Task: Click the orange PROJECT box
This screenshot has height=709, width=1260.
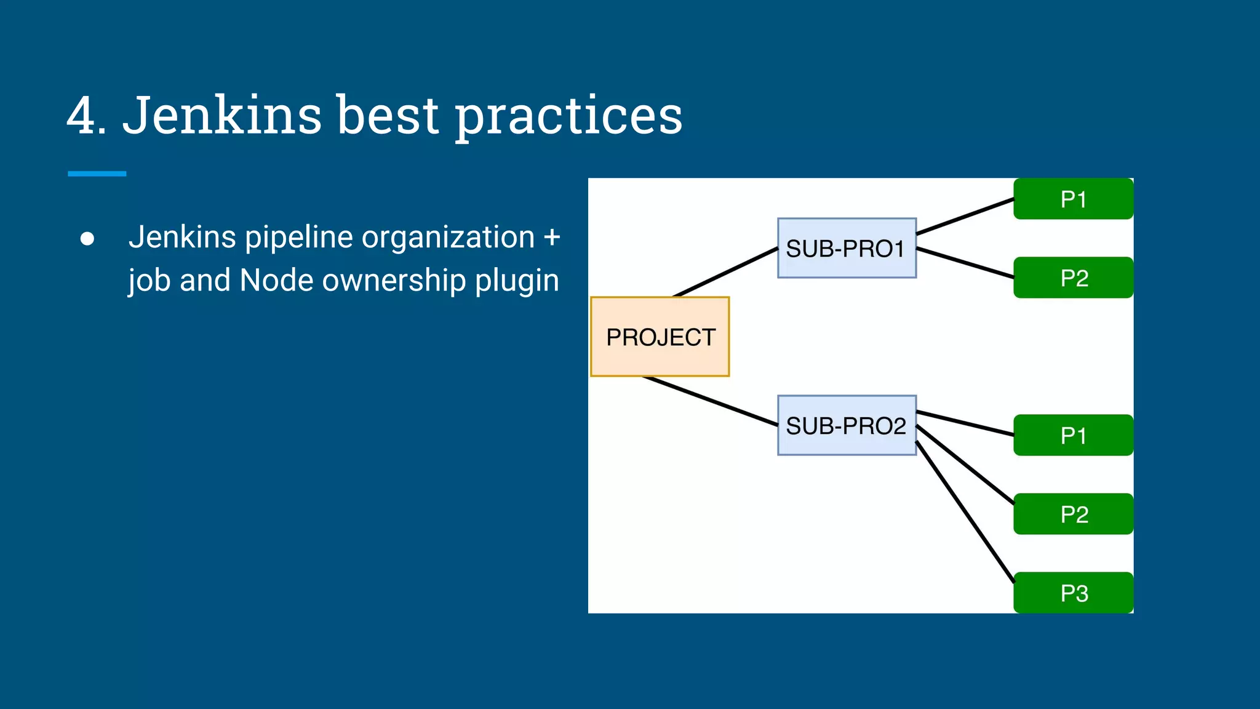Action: tap(660, 337)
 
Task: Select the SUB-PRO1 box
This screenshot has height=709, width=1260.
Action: tap(847, 248)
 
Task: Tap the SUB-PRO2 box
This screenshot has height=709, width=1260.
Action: tap(847, 425)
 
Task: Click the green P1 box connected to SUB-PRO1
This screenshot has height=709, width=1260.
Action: tap(1073, 199)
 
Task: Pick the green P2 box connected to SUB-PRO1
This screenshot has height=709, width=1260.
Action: tap(1073, 278)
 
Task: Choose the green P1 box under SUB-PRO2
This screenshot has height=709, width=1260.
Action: tap(1073, 435)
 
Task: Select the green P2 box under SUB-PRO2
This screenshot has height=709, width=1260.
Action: tap(1073, 514)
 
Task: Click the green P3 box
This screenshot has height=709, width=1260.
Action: tap(1073, 593)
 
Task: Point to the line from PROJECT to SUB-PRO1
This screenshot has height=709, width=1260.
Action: tap(726, 272)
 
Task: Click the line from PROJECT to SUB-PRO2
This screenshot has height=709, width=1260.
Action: tap(711, 401)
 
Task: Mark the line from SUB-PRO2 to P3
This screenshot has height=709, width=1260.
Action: tap(965, 511)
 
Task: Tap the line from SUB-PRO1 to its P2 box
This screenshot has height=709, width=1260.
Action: tap(965, 263)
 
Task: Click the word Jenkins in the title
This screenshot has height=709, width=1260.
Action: tap(221, 115)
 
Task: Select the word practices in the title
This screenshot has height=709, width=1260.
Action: tap(568, 117)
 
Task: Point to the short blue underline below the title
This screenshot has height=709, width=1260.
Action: tap(97, 174)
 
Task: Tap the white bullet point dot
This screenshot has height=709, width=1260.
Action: tap(87, 239)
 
